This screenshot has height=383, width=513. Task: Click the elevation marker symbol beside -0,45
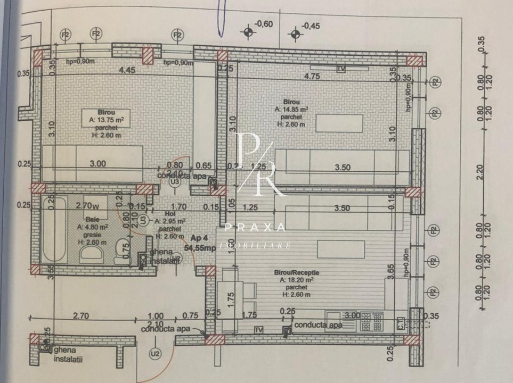(295, 34)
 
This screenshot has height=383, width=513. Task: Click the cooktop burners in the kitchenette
(371, 320)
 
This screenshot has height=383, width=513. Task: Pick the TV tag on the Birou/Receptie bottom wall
(259, 330)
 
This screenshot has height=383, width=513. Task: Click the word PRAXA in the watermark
(255, 228)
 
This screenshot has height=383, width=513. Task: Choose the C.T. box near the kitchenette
(401, 322)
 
